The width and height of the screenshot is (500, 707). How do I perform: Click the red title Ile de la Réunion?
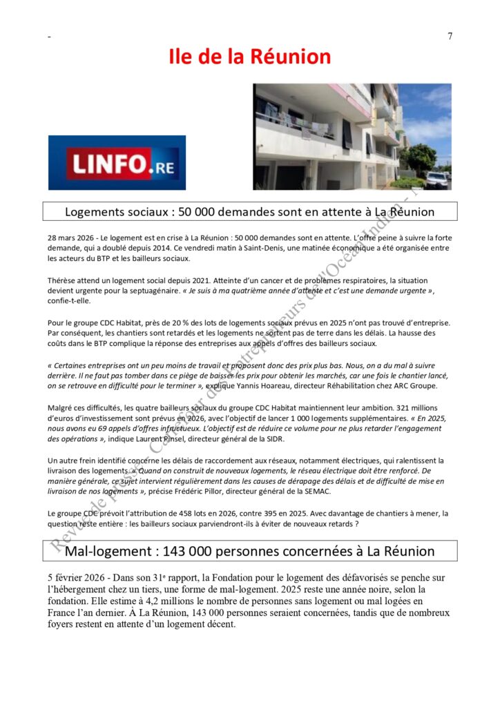click(250, 56)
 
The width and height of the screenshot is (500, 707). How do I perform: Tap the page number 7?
click(450, 37)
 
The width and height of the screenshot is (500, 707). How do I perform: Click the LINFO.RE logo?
click(117, 163)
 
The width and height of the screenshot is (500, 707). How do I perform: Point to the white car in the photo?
click(436, 180)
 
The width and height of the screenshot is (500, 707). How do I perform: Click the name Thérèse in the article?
click(62, 281)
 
